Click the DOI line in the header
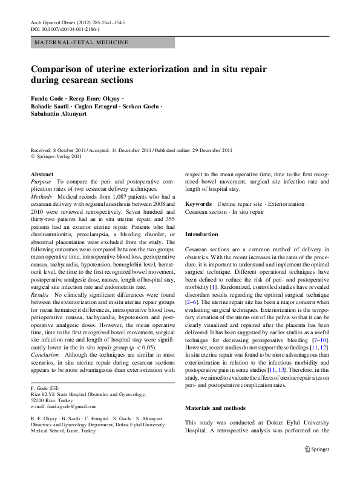point(65,29)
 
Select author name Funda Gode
point(48,97)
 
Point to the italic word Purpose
point(41,182)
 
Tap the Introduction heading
point(201,234)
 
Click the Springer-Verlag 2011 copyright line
point(57,156)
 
